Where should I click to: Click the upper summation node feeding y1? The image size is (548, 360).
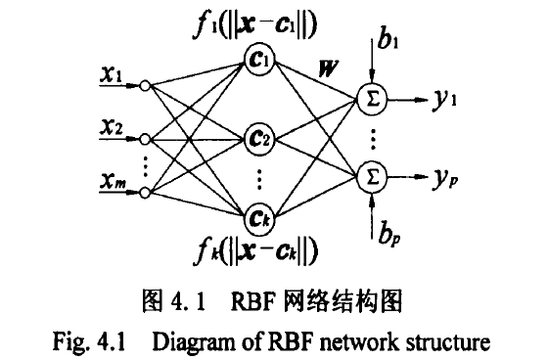pos(372,97)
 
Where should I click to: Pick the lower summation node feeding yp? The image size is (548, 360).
pos(372,176)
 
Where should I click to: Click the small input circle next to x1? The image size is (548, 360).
pos(146,86)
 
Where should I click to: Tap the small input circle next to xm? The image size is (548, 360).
pos(146,192)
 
